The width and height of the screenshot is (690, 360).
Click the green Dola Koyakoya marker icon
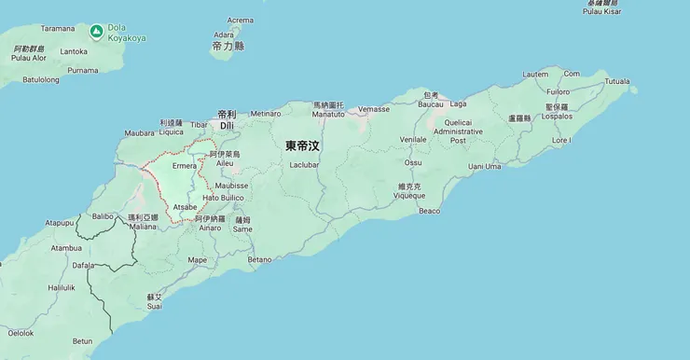pos(96,32)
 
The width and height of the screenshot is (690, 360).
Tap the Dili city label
pos(227,124)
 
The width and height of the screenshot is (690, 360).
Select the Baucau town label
pos(430,104)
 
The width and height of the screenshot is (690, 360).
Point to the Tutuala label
pos(617,81)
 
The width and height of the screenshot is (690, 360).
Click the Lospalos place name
pos(558,118)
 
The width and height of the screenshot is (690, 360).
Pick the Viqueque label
pos(410,195)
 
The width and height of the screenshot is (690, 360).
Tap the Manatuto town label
pos(328,114)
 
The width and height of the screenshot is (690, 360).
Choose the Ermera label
pos(185,166)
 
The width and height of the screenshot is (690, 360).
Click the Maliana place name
pos(143,226)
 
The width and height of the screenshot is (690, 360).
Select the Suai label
pos(155,306)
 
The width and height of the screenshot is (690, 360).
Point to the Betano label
pos(260,258)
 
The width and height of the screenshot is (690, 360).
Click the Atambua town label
pos(66,248)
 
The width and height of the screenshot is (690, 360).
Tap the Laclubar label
pos(305,163)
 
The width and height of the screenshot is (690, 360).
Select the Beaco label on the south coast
pos(429,211)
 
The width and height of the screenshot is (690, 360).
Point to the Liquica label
pos(172,132)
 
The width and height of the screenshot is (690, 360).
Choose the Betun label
pos(83,340)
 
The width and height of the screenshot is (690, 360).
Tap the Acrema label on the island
pos(241,20)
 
